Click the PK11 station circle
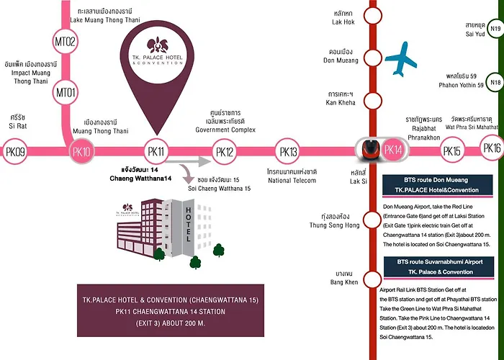tap(156, 151)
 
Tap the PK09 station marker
tap(15, 151)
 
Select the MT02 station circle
tap(66, 42)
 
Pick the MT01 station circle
tap(66, 93)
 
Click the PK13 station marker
tap(288, 151)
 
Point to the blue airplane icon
tap(401, 59)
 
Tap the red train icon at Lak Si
tap(369, 150)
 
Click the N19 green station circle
tap(495, 28)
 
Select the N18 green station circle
tap(495, 82)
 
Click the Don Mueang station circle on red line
tap(372, 58)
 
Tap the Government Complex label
tap(225, 130)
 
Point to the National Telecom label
tap(292, 180)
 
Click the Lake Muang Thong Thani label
tap(105, 20)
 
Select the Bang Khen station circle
tap(372, 279)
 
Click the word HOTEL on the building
tap(189, 225)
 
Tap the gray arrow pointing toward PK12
tap(189, 161)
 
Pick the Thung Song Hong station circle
tap(372, 220)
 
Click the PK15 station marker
tap(452, 150)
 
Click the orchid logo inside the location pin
tap(158, 45)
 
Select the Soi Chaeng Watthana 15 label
tap(219, 189)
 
